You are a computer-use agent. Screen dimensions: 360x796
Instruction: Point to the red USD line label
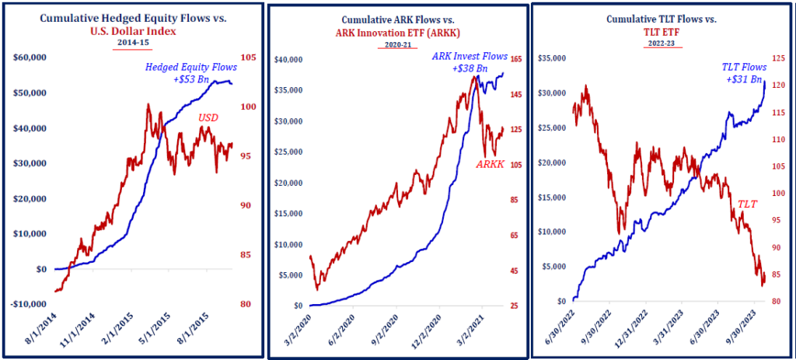(x=208, y=117)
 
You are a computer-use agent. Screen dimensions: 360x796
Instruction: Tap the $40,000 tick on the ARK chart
(x=294, y=59)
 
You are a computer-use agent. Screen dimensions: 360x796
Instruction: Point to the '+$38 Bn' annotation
(x=470, y=69)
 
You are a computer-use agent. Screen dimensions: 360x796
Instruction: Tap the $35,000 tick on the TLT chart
(x=555, y=59)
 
